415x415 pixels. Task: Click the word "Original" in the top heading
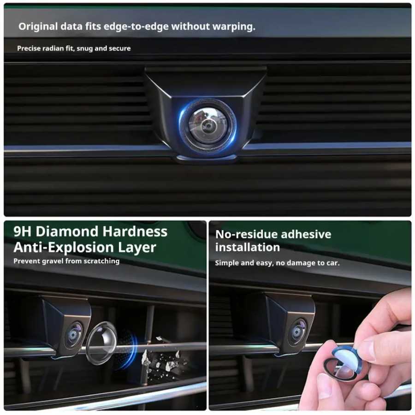tap(38, 26)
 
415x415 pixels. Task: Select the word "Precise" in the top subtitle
tap(29, 48)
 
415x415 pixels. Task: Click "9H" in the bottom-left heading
tap(23, 231)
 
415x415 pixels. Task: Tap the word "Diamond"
tap(67, 231)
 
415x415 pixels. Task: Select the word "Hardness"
tap(135, 231)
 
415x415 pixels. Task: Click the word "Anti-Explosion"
tap(64, 248)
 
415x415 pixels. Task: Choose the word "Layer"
tap(137, 248)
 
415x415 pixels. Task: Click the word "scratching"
tap(101, 261)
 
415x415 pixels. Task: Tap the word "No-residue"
tap(246, 234)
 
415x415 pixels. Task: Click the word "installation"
tap(248, 247)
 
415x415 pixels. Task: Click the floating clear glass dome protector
tap(101, 343)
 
